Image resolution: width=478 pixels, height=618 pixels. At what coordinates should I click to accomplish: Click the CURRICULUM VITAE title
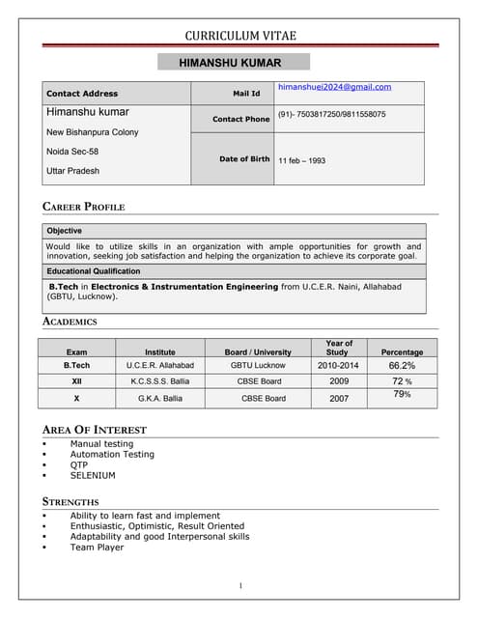(x=240, y=36)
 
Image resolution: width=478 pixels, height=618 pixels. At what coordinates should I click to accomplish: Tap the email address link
(x=334, y=87)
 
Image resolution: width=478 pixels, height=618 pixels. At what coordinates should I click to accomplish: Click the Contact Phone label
(x=240, y=119)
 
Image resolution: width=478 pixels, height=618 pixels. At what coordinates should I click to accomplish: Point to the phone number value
(x=331, y=114)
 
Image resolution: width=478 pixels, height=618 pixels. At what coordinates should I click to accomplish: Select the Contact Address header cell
(x=82, y=94)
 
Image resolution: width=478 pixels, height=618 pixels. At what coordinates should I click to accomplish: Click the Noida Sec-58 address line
(x=72, y=152)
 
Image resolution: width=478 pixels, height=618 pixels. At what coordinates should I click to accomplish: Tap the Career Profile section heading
(x=84, y=207)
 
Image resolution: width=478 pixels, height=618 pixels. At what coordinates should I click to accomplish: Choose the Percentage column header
(x=402, y=352)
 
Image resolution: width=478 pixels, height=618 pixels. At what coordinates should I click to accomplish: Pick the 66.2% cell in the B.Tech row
(x=402, y=366)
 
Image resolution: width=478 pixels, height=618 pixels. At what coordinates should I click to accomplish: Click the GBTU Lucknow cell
(x=258, y=366)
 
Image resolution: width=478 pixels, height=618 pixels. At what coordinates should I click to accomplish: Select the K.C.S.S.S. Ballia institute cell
(x=160, y=381)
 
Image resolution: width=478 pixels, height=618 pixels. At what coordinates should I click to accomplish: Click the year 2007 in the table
(x=339, y=398)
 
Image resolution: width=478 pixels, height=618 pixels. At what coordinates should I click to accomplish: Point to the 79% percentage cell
(x=402, y=394)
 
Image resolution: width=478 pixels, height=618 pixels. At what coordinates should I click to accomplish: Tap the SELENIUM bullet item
(x=93, y=475)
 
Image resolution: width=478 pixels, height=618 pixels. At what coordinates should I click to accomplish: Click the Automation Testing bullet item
(x=112, y=454)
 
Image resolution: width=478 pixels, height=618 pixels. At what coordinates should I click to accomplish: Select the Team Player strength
(x=97, y=547)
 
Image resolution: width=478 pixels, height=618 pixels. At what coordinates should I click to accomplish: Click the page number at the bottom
(x=239, y=586)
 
